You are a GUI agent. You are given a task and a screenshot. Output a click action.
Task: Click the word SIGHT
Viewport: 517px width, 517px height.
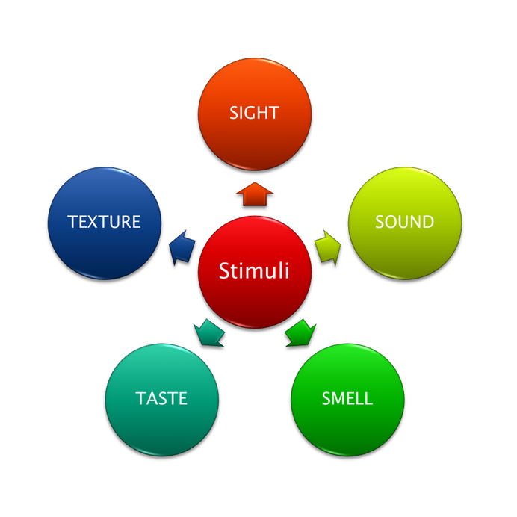tap(254, 113)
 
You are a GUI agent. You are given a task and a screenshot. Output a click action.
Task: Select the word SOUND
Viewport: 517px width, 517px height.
tap(405, 222)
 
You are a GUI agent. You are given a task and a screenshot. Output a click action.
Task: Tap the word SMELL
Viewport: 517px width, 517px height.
tap(347, 398)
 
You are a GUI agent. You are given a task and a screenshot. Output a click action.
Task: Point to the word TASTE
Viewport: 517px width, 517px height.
tap(161, 398)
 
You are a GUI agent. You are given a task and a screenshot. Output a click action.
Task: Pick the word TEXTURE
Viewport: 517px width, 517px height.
tap(104, 222)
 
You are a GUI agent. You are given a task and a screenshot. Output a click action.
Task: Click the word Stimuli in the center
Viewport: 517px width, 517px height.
tap(254, 270)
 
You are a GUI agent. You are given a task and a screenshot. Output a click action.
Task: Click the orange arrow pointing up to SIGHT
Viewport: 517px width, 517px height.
tap(255, 194)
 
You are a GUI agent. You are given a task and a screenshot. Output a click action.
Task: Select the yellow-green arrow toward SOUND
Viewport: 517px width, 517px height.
tap(328, 248)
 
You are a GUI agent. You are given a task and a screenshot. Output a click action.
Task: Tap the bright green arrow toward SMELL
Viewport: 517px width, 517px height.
tap(300, 333)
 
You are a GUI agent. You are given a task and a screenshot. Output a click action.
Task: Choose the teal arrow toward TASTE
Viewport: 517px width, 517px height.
tap(209, 333)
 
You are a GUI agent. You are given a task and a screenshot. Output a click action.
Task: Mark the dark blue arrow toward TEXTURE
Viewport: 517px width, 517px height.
tap(182, 248)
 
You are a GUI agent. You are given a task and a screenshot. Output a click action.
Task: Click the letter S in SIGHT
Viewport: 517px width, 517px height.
tap(234, 113)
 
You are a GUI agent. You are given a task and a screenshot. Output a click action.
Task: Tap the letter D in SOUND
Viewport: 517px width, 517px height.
tap(427, 222)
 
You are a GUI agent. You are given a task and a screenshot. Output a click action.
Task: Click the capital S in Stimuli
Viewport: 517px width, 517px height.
tap(225, 270)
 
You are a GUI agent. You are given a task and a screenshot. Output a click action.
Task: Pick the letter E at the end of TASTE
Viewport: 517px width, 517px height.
tap(183, 398)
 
